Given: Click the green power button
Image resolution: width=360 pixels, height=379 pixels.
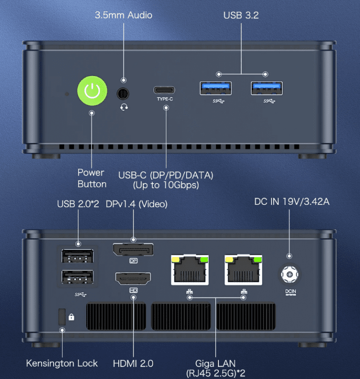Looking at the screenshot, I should pos(93,91).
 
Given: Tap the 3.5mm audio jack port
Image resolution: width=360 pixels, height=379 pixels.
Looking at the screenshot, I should pos(123,93).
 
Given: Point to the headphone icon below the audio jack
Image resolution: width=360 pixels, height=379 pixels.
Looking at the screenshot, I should pos(124,107).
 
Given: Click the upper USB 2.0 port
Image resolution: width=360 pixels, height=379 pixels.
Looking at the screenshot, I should pos(77,257).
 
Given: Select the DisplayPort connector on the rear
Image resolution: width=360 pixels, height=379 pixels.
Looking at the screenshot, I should pos(133,250).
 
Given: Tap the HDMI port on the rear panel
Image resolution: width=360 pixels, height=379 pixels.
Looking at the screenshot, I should pos(133,280).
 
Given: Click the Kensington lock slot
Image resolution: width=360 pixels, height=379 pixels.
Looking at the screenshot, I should pos(60,317).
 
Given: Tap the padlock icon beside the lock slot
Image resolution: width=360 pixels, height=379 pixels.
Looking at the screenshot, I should pos(71,317).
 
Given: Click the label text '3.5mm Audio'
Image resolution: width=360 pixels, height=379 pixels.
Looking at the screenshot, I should pos(123,15).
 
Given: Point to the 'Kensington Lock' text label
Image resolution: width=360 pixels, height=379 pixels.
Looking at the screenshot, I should pos(62,363).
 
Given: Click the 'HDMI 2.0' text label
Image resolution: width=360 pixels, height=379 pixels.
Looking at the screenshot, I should pos(133,363).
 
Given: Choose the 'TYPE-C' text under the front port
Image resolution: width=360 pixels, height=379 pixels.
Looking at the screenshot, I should pos(165,99).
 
